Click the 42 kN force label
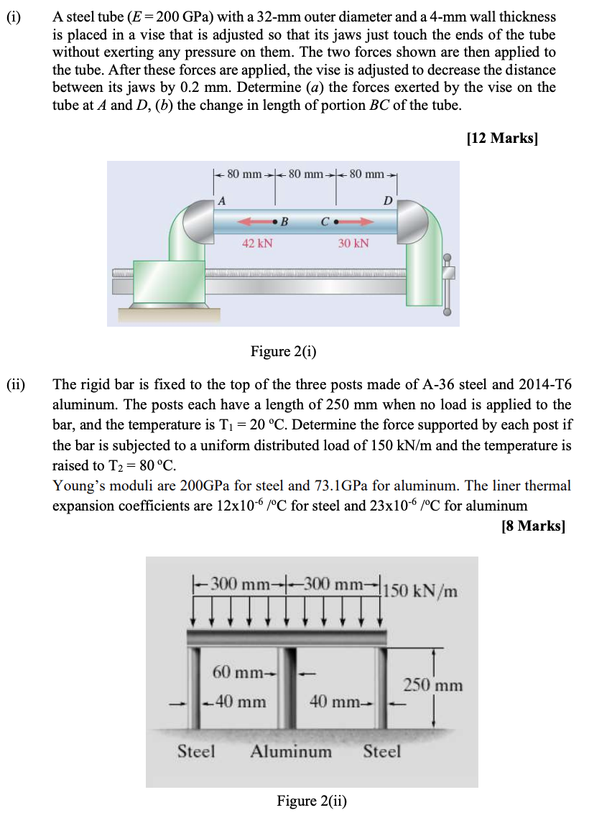tap(257, 243)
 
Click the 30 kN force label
tap(353, 243)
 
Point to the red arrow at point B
tap(254, 220)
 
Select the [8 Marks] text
tap(533, 526)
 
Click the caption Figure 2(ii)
tap(312, 801)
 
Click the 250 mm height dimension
tap(432, 684)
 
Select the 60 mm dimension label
tap(239, 673)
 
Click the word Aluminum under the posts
tap(291, 752)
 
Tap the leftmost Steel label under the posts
tap(196, 752)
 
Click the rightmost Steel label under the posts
tap(381, 752)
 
